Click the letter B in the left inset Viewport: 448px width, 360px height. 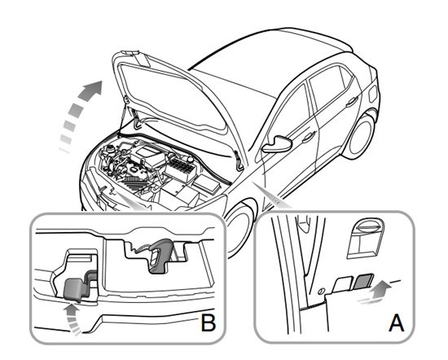209,323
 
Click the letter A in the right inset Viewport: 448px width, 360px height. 397,323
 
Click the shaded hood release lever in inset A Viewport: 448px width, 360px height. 363,282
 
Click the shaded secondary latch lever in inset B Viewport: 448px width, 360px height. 75,288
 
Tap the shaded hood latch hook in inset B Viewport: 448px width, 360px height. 160,255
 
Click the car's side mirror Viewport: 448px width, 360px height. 277,143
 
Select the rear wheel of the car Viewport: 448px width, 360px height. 361,137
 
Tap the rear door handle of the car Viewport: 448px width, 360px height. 351,102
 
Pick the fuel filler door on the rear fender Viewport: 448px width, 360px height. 373,94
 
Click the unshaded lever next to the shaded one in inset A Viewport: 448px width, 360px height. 343,284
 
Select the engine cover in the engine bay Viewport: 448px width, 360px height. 147,156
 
